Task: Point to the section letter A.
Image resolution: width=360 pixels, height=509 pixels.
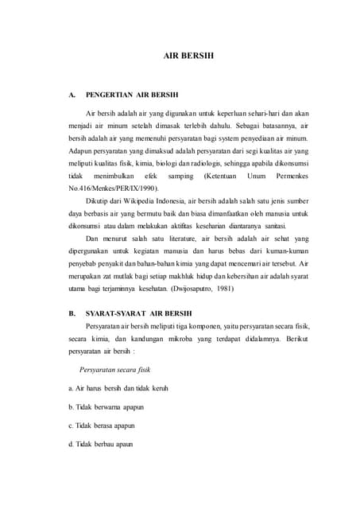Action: click(x=72, y=100)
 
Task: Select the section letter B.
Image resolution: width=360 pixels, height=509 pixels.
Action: click(x=72, y=313)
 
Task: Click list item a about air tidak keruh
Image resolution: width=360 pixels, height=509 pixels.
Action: click(x=118, y=388)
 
